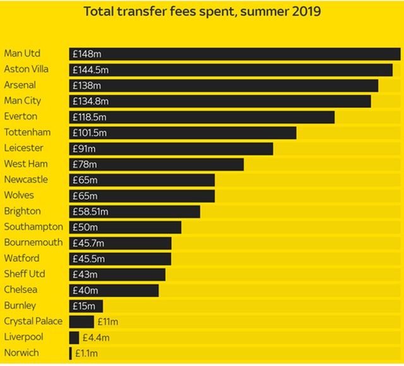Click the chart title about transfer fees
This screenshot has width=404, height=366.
pos(202,12)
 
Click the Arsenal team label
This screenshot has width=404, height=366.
pos(20,85)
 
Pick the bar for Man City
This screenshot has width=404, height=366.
pos(220,101)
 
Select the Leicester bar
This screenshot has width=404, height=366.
pos(171,149)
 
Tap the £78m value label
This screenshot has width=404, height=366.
pos(84,164)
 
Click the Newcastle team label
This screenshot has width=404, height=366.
pos(26,180)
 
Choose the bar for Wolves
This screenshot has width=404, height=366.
pos(142,196)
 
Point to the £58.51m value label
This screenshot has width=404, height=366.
pos(91,212)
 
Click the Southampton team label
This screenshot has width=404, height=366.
pos(33,227)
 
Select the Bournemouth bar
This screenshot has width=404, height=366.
pos(121,243)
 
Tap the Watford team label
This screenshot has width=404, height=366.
pos(21,258)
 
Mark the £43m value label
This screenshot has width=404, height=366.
pos(85,274)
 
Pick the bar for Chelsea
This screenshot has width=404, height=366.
pos(114,290)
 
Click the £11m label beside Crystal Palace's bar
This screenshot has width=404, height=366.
pos(108,322)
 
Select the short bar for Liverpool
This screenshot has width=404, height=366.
pos(74,338)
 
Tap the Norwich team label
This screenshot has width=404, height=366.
pos(21,353)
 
